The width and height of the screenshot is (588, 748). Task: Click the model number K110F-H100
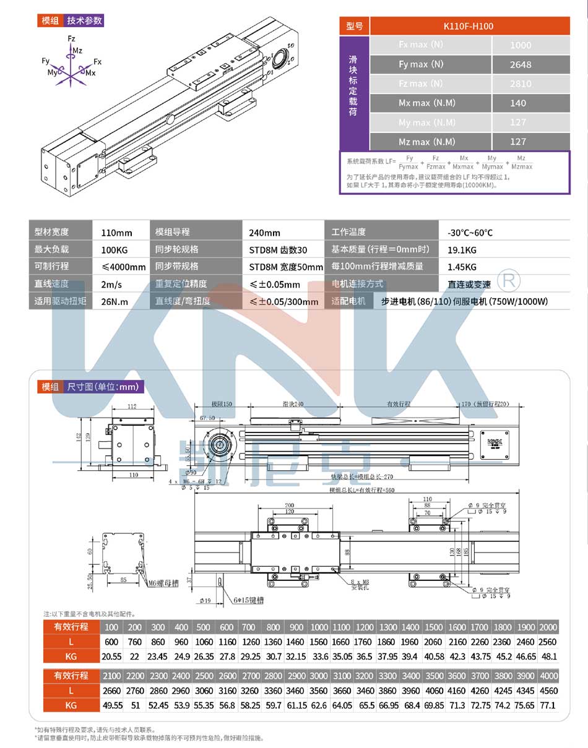point(469,26)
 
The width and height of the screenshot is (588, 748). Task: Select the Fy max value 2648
point(521,64)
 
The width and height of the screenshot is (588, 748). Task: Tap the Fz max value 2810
point(521,84)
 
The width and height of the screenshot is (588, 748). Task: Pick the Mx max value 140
point(518,103)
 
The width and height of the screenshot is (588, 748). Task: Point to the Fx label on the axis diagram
point(97,62)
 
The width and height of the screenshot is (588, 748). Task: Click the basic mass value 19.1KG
point(462,251)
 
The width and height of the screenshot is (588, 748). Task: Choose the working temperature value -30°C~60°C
point(470,233)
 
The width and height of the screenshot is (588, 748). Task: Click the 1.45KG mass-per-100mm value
point(462,267)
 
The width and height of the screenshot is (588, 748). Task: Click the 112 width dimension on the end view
point(131,406)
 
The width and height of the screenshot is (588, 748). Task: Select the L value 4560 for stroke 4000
point(548,690)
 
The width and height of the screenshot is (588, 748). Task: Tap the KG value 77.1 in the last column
point(548,705)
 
